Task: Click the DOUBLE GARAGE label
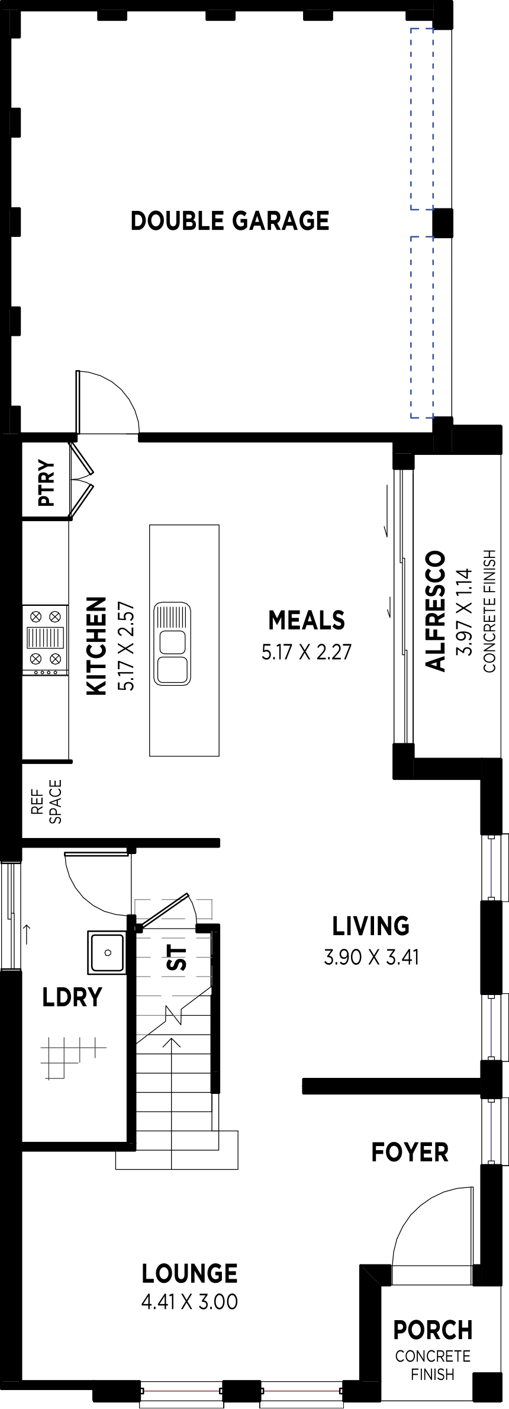230,220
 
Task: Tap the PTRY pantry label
46,483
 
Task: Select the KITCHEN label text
96,645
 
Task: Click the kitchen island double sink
172,644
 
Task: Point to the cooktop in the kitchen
45,640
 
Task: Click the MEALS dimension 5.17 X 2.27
307,652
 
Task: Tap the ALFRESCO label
435,611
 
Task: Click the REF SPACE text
46,801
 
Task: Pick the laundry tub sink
107,952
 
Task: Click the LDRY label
72,997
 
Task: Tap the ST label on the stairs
176,958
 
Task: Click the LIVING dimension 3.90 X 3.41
371,957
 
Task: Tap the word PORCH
433,1330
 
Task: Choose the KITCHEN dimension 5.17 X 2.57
126,646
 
